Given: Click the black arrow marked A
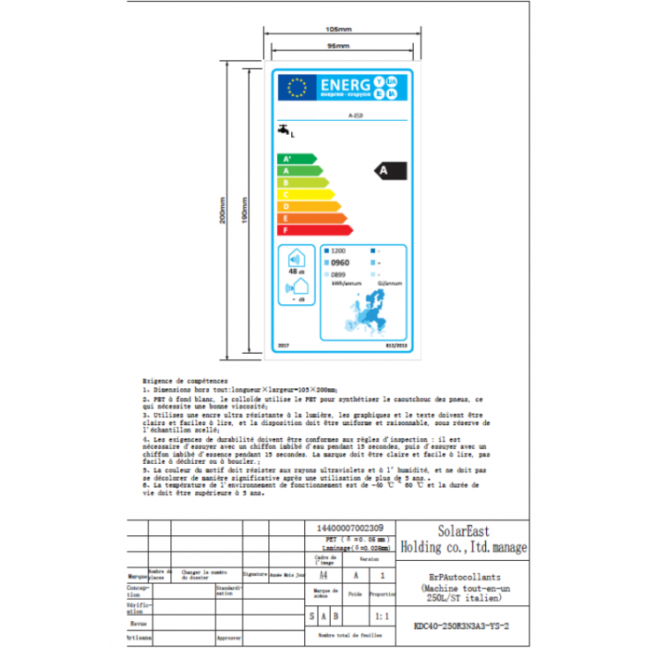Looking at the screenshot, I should point(388,169).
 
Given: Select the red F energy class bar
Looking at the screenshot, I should point(314,229).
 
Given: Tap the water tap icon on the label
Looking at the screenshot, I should point(283,131).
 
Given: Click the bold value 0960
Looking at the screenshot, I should point(340,263).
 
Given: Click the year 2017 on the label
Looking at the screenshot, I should point(282,346).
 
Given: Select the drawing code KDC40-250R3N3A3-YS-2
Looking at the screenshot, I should point(462,627).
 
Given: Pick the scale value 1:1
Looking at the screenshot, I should point(382,616).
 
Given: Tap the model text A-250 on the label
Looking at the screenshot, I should point(355,116).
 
